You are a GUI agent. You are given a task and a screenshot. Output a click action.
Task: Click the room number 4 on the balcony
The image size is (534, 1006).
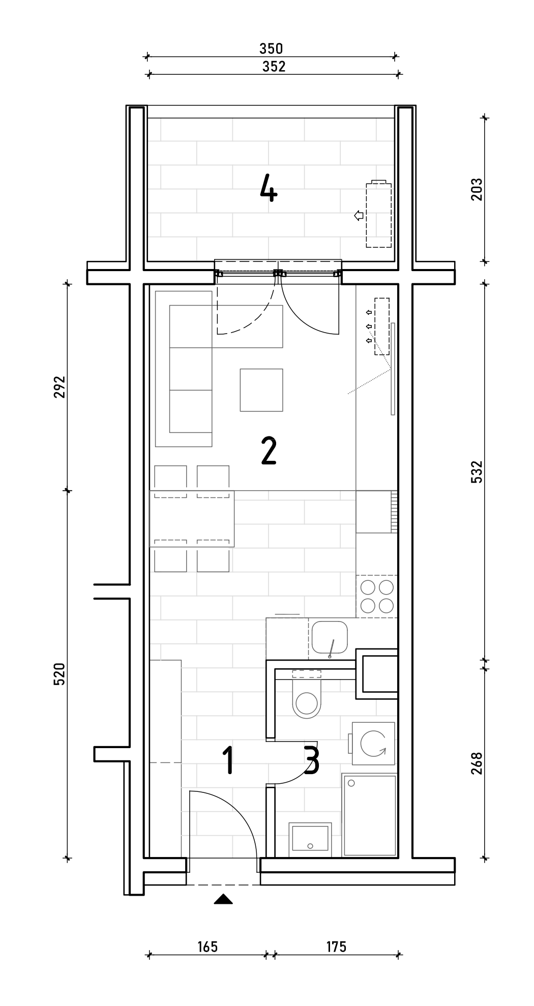[269, 188]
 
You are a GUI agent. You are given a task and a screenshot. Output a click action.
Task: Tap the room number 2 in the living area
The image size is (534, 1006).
[269, 451]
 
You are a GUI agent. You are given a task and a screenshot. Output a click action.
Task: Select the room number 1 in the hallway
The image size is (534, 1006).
[229, 760]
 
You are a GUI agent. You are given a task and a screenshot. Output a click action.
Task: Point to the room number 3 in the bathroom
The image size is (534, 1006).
[311, 760]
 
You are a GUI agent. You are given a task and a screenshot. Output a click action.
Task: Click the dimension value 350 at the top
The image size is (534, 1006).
[271, 49]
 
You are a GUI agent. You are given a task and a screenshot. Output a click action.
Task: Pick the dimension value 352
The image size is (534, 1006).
[274, 67]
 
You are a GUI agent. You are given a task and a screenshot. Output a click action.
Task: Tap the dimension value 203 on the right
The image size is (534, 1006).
[477, 189]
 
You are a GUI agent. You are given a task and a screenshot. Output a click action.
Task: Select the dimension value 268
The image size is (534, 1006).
[477, 763]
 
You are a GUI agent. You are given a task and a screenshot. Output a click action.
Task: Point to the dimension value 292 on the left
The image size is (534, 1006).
[60, 387]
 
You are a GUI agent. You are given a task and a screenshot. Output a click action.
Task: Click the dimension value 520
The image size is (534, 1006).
[60, 674]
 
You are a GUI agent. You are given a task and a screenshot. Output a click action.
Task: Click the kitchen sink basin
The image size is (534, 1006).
[330, 637]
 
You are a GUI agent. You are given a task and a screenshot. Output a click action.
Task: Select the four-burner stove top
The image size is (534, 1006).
[377, 597]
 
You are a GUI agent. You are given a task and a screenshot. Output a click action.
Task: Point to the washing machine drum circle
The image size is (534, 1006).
[374, 744]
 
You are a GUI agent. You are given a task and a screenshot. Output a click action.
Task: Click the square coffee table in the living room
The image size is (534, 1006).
[261, 390]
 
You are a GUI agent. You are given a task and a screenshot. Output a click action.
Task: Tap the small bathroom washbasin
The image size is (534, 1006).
[310, 840]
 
